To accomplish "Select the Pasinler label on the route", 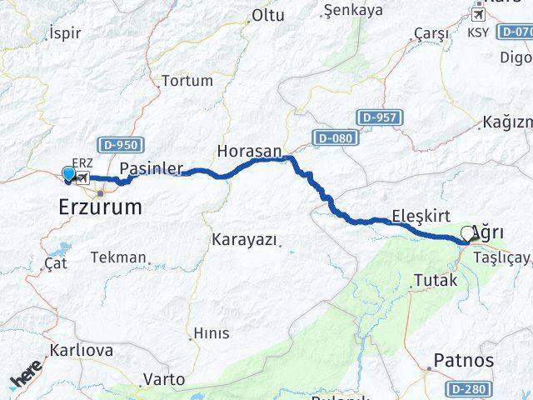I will point(151,168).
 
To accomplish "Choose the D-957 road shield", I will point(386,117).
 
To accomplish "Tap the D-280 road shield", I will point(466,389).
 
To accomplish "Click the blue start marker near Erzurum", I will point(68,174).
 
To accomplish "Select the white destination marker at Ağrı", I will point(468,233).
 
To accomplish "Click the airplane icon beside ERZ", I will point(83,177).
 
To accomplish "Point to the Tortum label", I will point(187,81).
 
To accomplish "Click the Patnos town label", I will point(463,362).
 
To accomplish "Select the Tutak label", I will point(435,281).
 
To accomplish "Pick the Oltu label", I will point(268,16).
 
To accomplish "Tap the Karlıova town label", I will point(81,350).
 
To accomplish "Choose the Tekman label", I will point(117,257).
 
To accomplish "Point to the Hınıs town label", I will point(211,333).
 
